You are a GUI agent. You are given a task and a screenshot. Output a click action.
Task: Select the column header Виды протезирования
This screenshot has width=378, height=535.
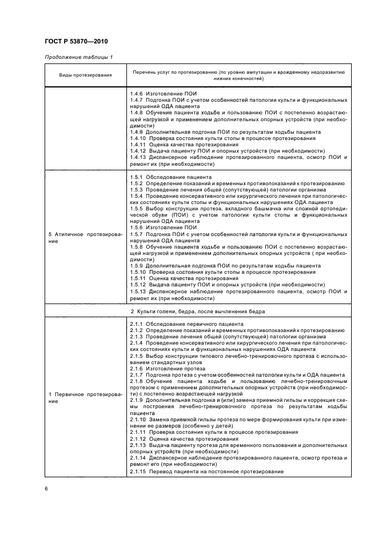pos(85,75)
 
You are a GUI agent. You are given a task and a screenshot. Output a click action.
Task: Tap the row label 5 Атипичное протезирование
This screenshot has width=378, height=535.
pos(85,238)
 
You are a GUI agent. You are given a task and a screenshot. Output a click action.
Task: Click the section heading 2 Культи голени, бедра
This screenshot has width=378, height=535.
pos(197,311)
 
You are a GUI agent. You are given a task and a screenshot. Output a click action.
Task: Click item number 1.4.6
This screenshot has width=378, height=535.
pos(136,93)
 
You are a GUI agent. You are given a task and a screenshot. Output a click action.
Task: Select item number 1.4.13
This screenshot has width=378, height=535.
pos(137,157)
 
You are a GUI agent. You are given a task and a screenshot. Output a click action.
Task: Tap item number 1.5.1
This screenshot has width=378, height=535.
pos(136,178)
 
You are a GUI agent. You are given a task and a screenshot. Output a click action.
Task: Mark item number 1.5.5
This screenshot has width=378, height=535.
pos(136,210)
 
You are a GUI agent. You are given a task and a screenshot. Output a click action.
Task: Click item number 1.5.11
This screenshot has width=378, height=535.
pos(137,278)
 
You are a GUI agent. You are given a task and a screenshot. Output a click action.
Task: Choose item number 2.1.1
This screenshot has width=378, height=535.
pos(136,324)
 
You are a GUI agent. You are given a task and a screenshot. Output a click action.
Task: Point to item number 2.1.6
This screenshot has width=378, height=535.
pos(136,369)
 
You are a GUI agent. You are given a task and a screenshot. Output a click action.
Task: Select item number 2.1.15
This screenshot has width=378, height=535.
pos(137,471)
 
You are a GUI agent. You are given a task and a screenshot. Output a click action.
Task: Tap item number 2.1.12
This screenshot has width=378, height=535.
pos(137,449)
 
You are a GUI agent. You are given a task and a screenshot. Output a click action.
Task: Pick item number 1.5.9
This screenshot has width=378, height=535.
pos(136,266)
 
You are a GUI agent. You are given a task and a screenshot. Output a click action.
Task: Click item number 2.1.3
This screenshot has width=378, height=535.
pos(136,337)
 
